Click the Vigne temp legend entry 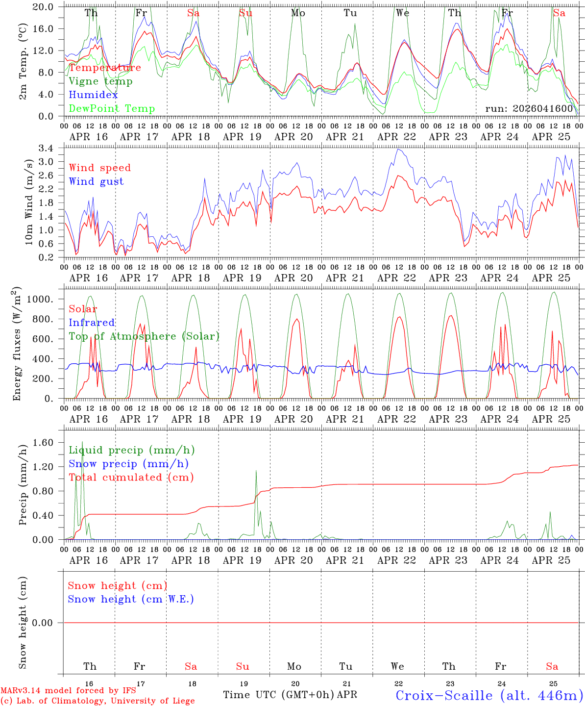[x=100, y=81]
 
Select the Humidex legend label [x=93, y=95]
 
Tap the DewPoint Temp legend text [x=112, y=109]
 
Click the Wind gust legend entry [x=97, y=181]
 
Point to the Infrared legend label [x=92, y=323]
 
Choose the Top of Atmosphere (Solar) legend [x=144, y=336]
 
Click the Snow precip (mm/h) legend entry [x=128, y=464]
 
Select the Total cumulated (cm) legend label [x=131, y=478]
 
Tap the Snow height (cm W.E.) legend [x=131, y=599]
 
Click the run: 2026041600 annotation [x=529, y=108]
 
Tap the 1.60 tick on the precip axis [x=43, y=443]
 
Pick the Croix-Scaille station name [x=489, y=695]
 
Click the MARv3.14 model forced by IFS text [x=68, y=691]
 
